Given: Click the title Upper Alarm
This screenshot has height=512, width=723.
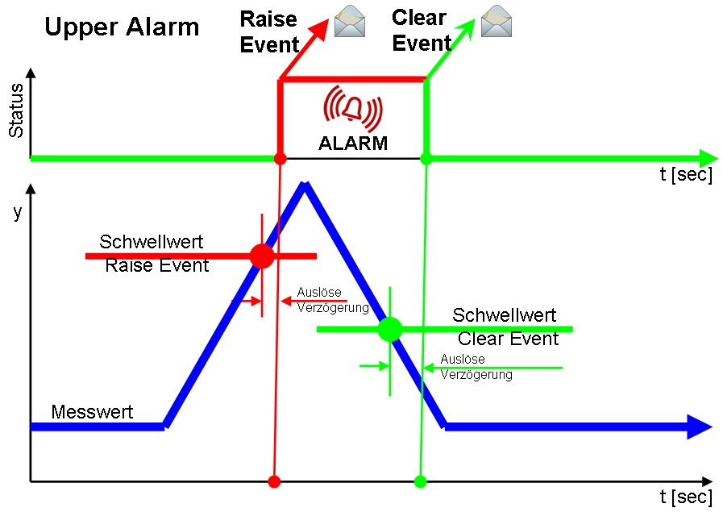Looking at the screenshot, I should click(x=122, y=27).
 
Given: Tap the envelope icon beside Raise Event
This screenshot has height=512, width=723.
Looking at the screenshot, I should click(x=350, y=21).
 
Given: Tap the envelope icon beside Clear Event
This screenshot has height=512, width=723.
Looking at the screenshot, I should click(x=497, y=21).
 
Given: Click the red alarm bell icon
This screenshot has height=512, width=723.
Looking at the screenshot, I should click(x=352, y=109).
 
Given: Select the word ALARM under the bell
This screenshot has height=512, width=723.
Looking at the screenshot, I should click(x=353, y=144).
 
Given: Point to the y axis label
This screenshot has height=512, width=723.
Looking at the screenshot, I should click(x=18, y=213).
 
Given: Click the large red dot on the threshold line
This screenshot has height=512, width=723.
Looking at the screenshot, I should click(x=262, y=256).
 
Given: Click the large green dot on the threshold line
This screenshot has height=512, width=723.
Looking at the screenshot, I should click(x=390, y=329).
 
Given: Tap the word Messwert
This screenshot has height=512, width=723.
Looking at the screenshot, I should click(x=92, y=412).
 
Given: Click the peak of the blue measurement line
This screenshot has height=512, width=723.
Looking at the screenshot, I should click(x=305, y=186).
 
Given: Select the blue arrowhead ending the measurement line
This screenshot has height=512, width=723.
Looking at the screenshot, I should click(x=699, y=427).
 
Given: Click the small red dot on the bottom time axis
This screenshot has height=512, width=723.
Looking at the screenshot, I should click(x=274, y=482).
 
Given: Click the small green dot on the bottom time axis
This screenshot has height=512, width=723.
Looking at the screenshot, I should click(x=420, y=482).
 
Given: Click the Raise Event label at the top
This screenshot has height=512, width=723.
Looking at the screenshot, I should click(x=269, y=31).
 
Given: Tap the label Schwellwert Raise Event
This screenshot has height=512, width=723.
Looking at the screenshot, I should click(x=153, y=253).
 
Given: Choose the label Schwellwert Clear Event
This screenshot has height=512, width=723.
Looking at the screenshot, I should click(x=505, y=327).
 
